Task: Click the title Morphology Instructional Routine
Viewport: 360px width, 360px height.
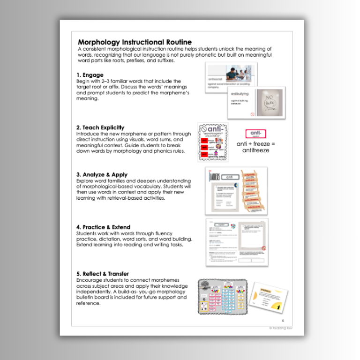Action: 135,42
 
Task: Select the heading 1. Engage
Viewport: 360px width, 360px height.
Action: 90,75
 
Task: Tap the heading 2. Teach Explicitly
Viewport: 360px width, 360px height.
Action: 100,127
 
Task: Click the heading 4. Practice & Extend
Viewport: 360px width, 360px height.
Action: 103,227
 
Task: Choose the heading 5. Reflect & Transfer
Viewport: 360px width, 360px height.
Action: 102,274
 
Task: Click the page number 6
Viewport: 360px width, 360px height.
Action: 283,320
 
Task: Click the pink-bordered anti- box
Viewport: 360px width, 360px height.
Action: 255,134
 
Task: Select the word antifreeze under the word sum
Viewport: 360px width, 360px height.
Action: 255,150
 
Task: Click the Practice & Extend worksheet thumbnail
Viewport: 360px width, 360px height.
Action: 237,241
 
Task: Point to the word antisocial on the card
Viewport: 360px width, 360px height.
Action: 216,80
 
